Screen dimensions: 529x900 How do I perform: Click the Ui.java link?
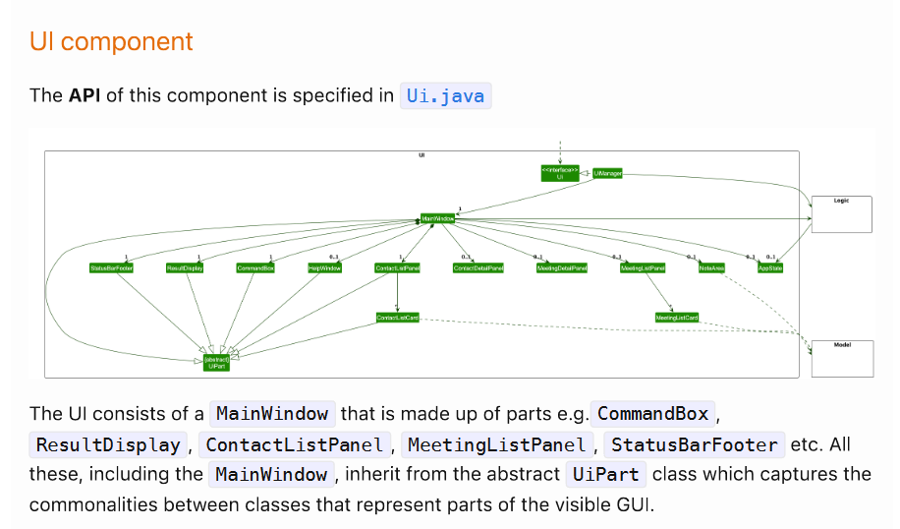[x=445, y=95]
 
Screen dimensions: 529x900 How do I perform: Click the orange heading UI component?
[x=111, y=42]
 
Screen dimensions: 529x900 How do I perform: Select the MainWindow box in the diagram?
[x=438, y=217]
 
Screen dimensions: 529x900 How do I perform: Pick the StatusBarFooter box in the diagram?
[x=111, y=267]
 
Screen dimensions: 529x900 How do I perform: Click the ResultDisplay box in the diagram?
[x=185, y=267]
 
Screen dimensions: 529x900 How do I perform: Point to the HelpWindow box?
[x=324, y=267]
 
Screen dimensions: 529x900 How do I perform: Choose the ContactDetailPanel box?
[x=478, y=267]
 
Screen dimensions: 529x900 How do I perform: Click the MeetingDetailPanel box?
[x=561, y=267]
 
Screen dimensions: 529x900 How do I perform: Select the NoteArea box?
[x=712, y=267]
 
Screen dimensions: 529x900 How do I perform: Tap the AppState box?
[x=770, y=267]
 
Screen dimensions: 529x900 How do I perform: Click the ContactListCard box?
[x=398, y=318]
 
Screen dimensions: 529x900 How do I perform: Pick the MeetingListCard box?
[x=677, y=318]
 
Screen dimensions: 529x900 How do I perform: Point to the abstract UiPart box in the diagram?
[x=217, y=363]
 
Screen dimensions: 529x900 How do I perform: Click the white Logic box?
[x=841, y=214]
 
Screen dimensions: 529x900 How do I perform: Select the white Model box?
[x=842, y=359]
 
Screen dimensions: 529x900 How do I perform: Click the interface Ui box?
[x=559, y=173]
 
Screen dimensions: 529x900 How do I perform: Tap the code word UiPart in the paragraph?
[x=604, y=475]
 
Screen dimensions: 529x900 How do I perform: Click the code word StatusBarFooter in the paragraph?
[x=695, y=444]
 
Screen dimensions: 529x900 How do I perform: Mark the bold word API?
[x=84, y=95]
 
